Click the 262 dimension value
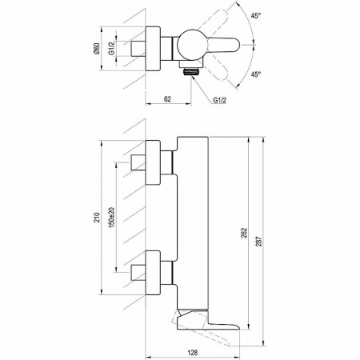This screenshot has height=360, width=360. tap(245, 233)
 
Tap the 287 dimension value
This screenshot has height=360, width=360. tap(259, 242)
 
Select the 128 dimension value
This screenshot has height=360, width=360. tap(192, 353)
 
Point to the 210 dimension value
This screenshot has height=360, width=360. tap(97, 218)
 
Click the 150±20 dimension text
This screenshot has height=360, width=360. tap(111, 217)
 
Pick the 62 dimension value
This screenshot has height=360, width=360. tap(167, 99)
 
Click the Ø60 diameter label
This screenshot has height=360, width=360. tap(97, 49)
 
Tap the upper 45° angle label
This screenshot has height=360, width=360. tap(255, 15)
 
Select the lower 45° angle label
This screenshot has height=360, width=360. tap(255, 74)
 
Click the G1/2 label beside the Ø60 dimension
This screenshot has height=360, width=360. tap(111, 49)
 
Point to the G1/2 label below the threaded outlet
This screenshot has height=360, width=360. tap(219, 101)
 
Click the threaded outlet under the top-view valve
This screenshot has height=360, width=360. tap(191, 71)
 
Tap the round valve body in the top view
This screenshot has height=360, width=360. tap(191, 45)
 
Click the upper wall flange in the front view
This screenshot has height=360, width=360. tap(153, 162)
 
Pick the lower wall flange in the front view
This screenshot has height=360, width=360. tap(153, 273)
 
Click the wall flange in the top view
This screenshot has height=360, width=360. tap(153, 49)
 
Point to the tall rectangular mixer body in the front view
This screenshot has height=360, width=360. tap(193, 223)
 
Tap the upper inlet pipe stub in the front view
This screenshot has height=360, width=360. tap(138, 162)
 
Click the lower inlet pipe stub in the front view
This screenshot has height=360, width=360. tap(138, 273)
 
